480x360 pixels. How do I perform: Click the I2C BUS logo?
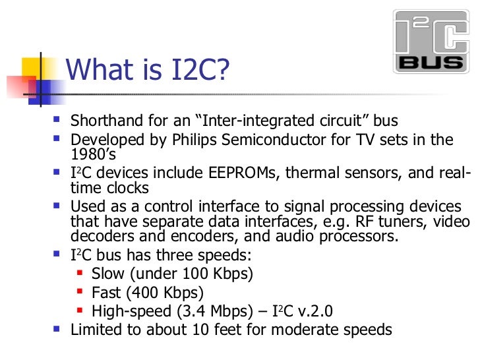[431, 41]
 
